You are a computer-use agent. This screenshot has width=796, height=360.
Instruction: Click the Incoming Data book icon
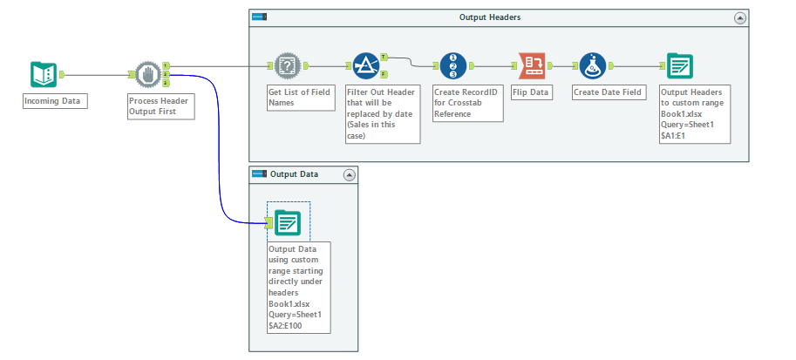point(43,75)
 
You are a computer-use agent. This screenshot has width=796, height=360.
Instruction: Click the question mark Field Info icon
point(287,66)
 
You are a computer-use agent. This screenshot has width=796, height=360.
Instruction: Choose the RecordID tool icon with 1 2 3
point(452,66)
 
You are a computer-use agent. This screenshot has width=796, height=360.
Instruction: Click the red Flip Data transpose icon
point(531,66)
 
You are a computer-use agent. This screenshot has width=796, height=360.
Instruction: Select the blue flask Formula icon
point(593,66)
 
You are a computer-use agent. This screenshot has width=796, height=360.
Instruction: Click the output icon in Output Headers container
point(679,66)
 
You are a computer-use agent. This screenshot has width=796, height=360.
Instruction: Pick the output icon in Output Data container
point(287,224)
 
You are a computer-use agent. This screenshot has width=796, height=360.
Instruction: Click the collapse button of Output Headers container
point(740,17)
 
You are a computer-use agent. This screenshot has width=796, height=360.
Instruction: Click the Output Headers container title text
point(490,17)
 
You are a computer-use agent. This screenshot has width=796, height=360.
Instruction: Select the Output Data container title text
point(294,174)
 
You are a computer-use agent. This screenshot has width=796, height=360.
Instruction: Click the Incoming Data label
point(52,101)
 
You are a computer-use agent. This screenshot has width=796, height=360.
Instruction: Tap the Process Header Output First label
point(159,106)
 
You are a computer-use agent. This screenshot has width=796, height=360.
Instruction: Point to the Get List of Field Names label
point(300,97)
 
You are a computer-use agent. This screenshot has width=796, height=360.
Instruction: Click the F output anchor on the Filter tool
point(385,75)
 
